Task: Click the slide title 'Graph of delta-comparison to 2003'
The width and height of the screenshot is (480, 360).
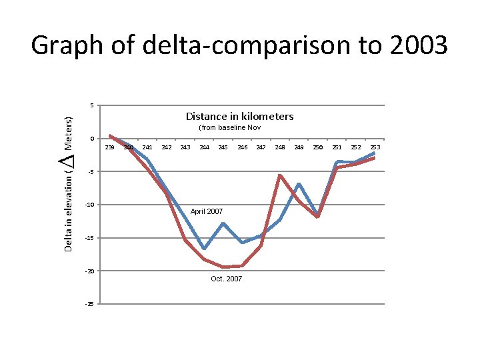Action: tap(239, 45)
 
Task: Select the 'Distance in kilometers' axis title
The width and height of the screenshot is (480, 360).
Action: tap(239, 117)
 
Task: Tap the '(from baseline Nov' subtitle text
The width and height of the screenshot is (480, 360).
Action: tap(229, 127)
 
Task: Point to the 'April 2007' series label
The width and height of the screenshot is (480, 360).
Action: tap(207, 211)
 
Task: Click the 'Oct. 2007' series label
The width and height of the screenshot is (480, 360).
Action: tap(226, 279)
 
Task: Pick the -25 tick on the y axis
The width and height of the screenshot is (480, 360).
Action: tap(89, 304)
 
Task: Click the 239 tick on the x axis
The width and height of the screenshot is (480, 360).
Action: tap(109, 147)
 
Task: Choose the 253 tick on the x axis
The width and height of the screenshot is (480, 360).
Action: tap(375, 147)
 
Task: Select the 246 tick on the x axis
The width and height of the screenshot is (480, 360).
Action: tap(243, 147)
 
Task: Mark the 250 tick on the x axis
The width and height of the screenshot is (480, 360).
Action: tap(318, 147)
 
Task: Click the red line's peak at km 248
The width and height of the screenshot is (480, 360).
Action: tap(280, 175)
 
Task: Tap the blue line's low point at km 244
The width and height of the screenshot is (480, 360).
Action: tap(204, 249)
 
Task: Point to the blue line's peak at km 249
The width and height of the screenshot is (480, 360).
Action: tap(299, 183)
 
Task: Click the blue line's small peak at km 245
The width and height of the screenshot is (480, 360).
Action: tap(223, 223)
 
